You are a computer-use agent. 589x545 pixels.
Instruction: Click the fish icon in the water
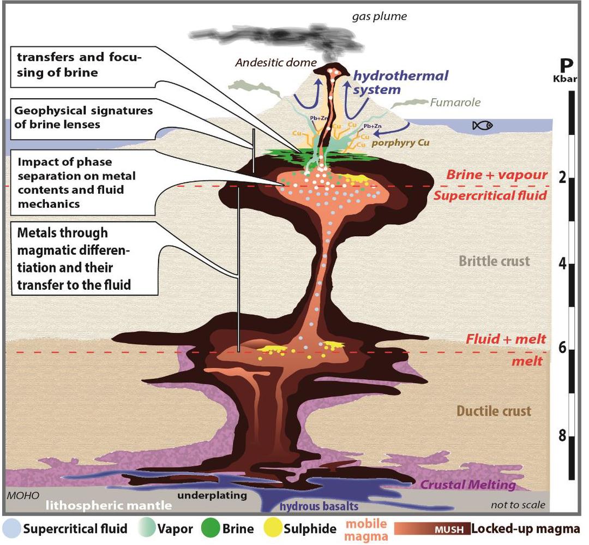482,125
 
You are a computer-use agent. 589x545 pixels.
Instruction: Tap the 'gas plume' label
380,17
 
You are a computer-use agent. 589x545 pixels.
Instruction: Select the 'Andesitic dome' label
270,62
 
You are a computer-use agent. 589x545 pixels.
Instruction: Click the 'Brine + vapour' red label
496,175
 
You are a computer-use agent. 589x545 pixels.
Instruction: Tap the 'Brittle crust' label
494,261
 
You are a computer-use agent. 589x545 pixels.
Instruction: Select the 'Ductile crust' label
494,411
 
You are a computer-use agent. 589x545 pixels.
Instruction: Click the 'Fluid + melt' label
506,339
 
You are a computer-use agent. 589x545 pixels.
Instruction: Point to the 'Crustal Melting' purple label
468,484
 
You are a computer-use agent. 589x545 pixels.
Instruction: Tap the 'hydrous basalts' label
311,506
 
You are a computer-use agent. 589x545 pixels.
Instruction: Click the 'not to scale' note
518,505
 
